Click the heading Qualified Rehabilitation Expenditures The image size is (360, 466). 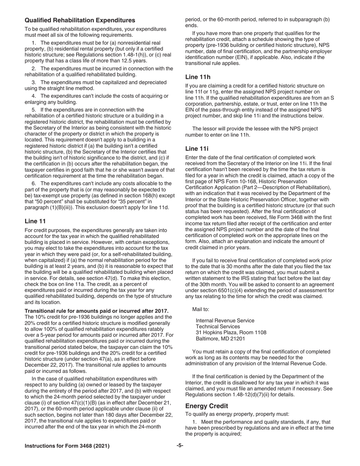(x=80, y=20)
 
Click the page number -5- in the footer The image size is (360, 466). (x=180, y=446)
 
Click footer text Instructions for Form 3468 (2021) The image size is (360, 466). (x=67, y=446)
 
